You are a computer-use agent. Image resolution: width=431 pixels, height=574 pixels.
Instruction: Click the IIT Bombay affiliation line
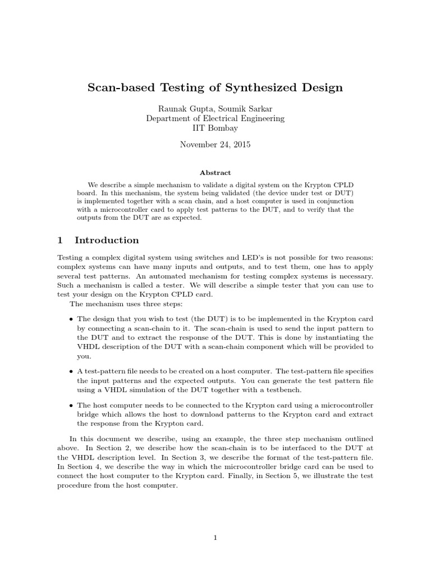click(x=215, y=128)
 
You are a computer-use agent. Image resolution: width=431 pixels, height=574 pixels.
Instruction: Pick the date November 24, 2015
click(x=215, y=145)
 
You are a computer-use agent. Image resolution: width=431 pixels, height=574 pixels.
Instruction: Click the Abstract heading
click(x=215, y=173)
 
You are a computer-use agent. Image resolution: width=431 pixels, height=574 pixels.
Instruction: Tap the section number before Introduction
click(x=60, y=240)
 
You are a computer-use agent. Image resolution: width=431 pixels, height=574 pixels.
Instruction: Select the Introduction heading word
click(x=107, y=240)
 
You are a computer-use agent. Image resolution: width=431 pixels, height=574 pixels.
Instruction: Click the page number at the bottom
click(x=215, y=538)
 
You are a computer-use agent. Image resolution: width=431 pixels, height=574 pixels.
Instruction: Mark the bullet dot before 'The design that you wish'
click(x=71, y=319)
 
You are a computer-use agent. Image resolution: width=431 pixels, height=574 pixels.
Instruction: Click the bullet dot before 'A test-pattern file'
click(x=71, y=372)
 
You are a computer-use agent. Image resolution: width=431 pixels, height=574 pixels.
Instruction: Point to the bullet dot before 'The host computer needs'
click(x=71, y=405)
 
